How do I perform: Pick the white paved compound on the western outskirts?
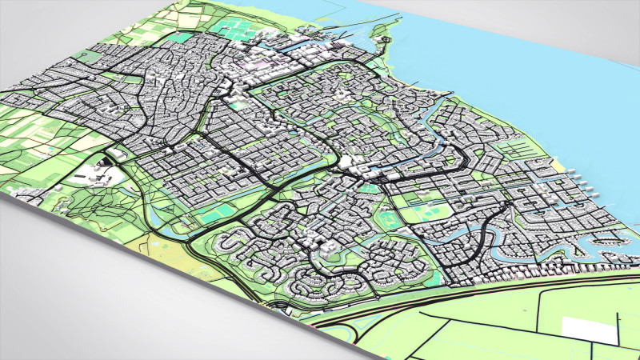pyautogui.click(x=86, y=174)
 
